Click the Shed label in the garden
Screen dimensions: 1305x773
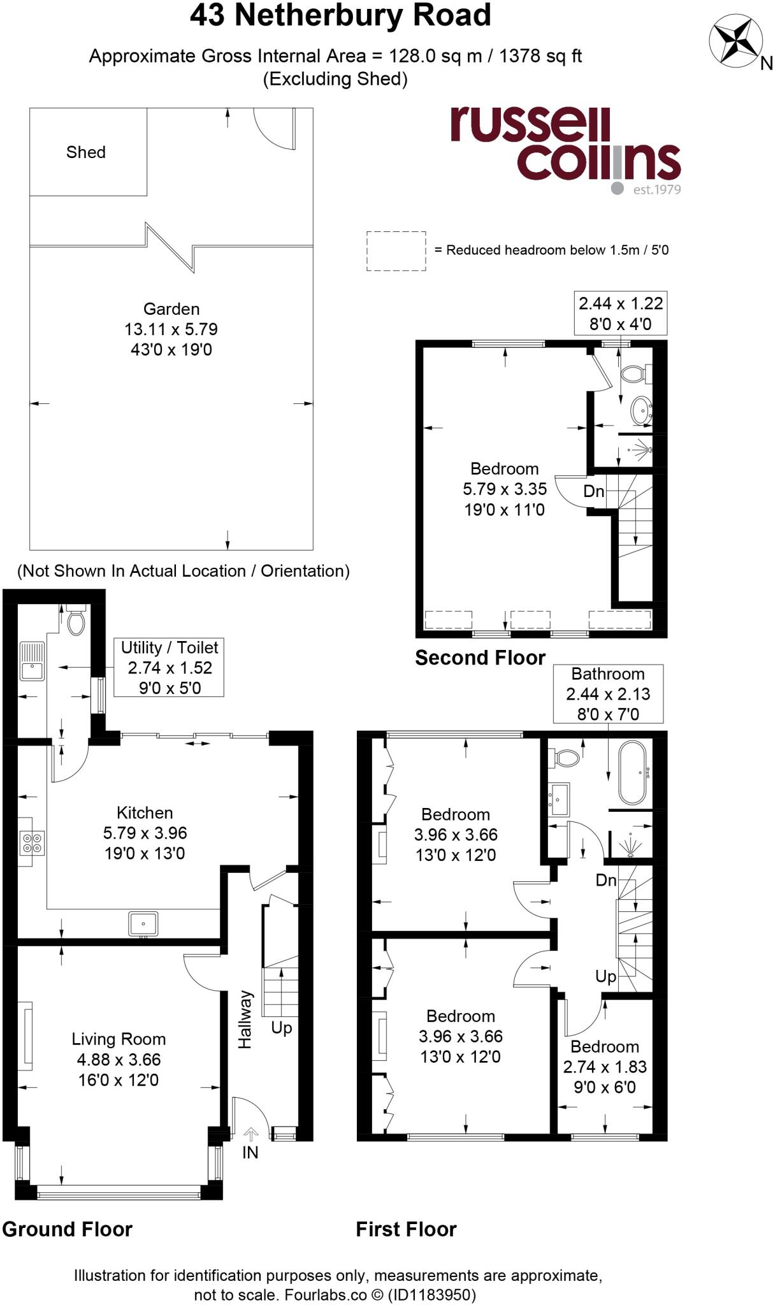click(85, 152)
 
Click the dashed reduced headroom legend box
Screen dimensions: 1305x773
click(396, 251)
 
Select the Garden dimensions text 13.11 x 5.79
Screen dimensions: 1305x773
click(171, 329)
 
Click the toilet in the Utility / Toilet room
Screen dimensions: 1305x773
click(76, 622)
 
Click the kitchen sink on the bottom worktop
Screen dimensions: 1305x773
click(143, 923)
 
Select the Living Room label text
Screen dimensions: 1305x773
click(119, 1039)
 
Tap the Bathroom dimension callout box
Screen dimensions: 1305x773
click(608, 694)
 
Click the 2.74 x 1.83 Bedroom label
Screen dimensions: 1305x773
click(605, 1067)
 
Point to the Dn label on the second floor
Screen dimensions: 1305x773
click(593, 491)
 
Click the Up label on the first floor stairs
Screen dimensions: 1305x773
click(605, 976)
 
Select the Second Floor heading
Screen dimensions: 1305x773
click(480, 658)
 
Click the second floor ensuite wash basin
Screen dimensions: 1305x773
click(640, 410)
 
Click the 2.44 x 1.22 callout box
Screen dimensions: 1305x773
click(620, 314)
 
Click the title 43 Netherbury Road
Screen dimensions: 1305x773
click(340, 15)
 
